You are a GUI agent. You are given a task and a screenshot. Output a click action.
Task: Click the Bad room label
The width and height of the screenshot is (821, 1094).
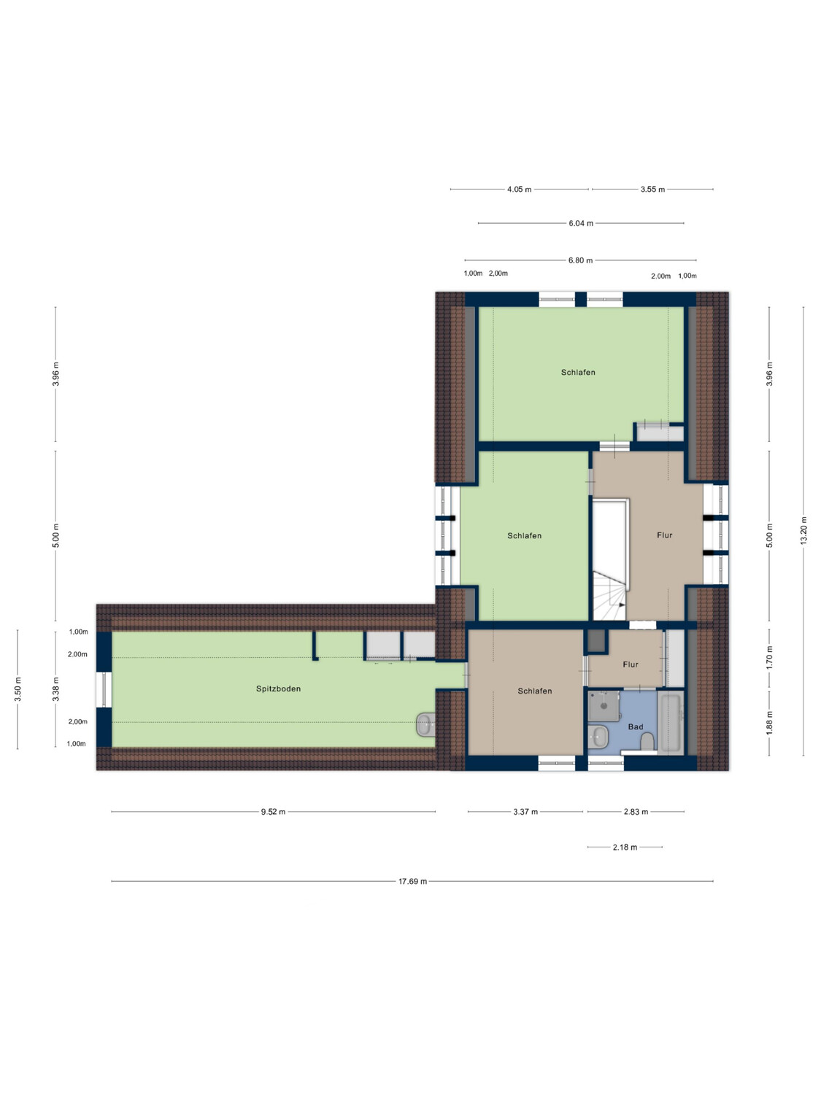pos(636,726)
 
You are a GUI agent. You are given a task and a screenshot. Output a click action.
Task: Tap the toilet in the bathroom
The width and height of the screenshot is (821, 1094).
pos(647,742)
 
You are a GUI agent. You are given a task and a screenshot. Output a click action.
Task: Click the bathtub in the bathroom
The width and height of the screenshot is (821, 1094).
pos(671,722)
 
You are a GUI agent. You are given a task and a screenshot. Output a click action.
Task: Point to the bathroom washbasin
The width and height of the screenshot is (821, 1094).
pos(597,736)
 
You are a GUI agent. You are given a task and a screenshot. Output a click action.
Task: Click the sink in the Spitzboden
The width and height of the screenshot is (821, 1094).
pos(425,724)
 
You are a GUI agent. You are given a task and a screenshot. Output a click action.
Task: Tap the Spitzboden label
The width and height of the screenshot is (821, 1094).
pos(278,688)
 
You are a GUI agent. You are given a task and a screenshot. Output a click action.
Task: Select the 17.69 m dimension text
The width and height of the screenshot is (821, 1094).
pos(412,881)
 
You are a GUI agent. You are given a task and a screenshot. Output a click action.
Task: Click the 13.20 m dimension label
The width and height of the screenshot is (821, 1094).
pos(803,530)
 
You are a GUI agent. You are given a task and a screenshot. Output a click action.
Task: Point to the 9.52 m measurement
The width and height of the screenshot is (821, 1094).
pos(273,812)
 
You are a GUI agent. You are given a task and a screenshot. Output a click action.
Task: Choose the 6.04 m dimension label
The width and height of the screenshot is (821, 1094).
pos(581,223)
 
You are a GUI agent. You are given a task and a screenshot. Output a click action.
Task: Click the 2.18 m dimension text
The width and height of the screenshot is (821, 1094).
pos(625,847)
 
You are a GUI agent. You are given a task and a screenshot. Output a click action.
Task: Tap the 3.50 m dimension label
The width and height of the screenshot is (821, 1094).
pos(18,689)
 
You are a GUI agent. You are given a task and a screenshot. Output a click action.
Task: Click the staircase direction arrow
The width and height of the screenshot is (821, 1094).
pos(622,605)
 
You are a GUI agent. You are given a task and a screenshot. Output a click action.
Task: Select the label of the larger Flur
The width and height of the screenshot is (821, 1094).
pos(665,535)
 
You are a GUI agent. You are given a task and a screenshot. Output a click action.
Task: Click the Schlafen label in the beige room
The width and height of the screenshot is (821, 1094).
pos(534,691)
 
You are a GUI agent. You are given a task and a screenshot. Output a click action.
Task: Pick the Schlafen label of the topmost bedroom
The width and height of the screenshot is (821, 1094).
pos(578,372)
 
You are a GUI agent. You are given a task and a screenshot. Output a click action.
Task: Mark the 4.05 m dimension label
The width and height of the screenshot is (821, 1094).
pos(519,190)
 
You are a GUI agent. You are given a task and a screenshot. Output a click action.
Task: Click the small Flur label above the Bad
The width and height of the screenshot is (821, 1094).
pos(630,664)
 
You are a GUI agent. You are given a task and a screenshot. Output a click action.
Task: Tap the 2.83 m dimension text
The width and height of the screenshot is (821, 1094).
pos(636,812)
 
